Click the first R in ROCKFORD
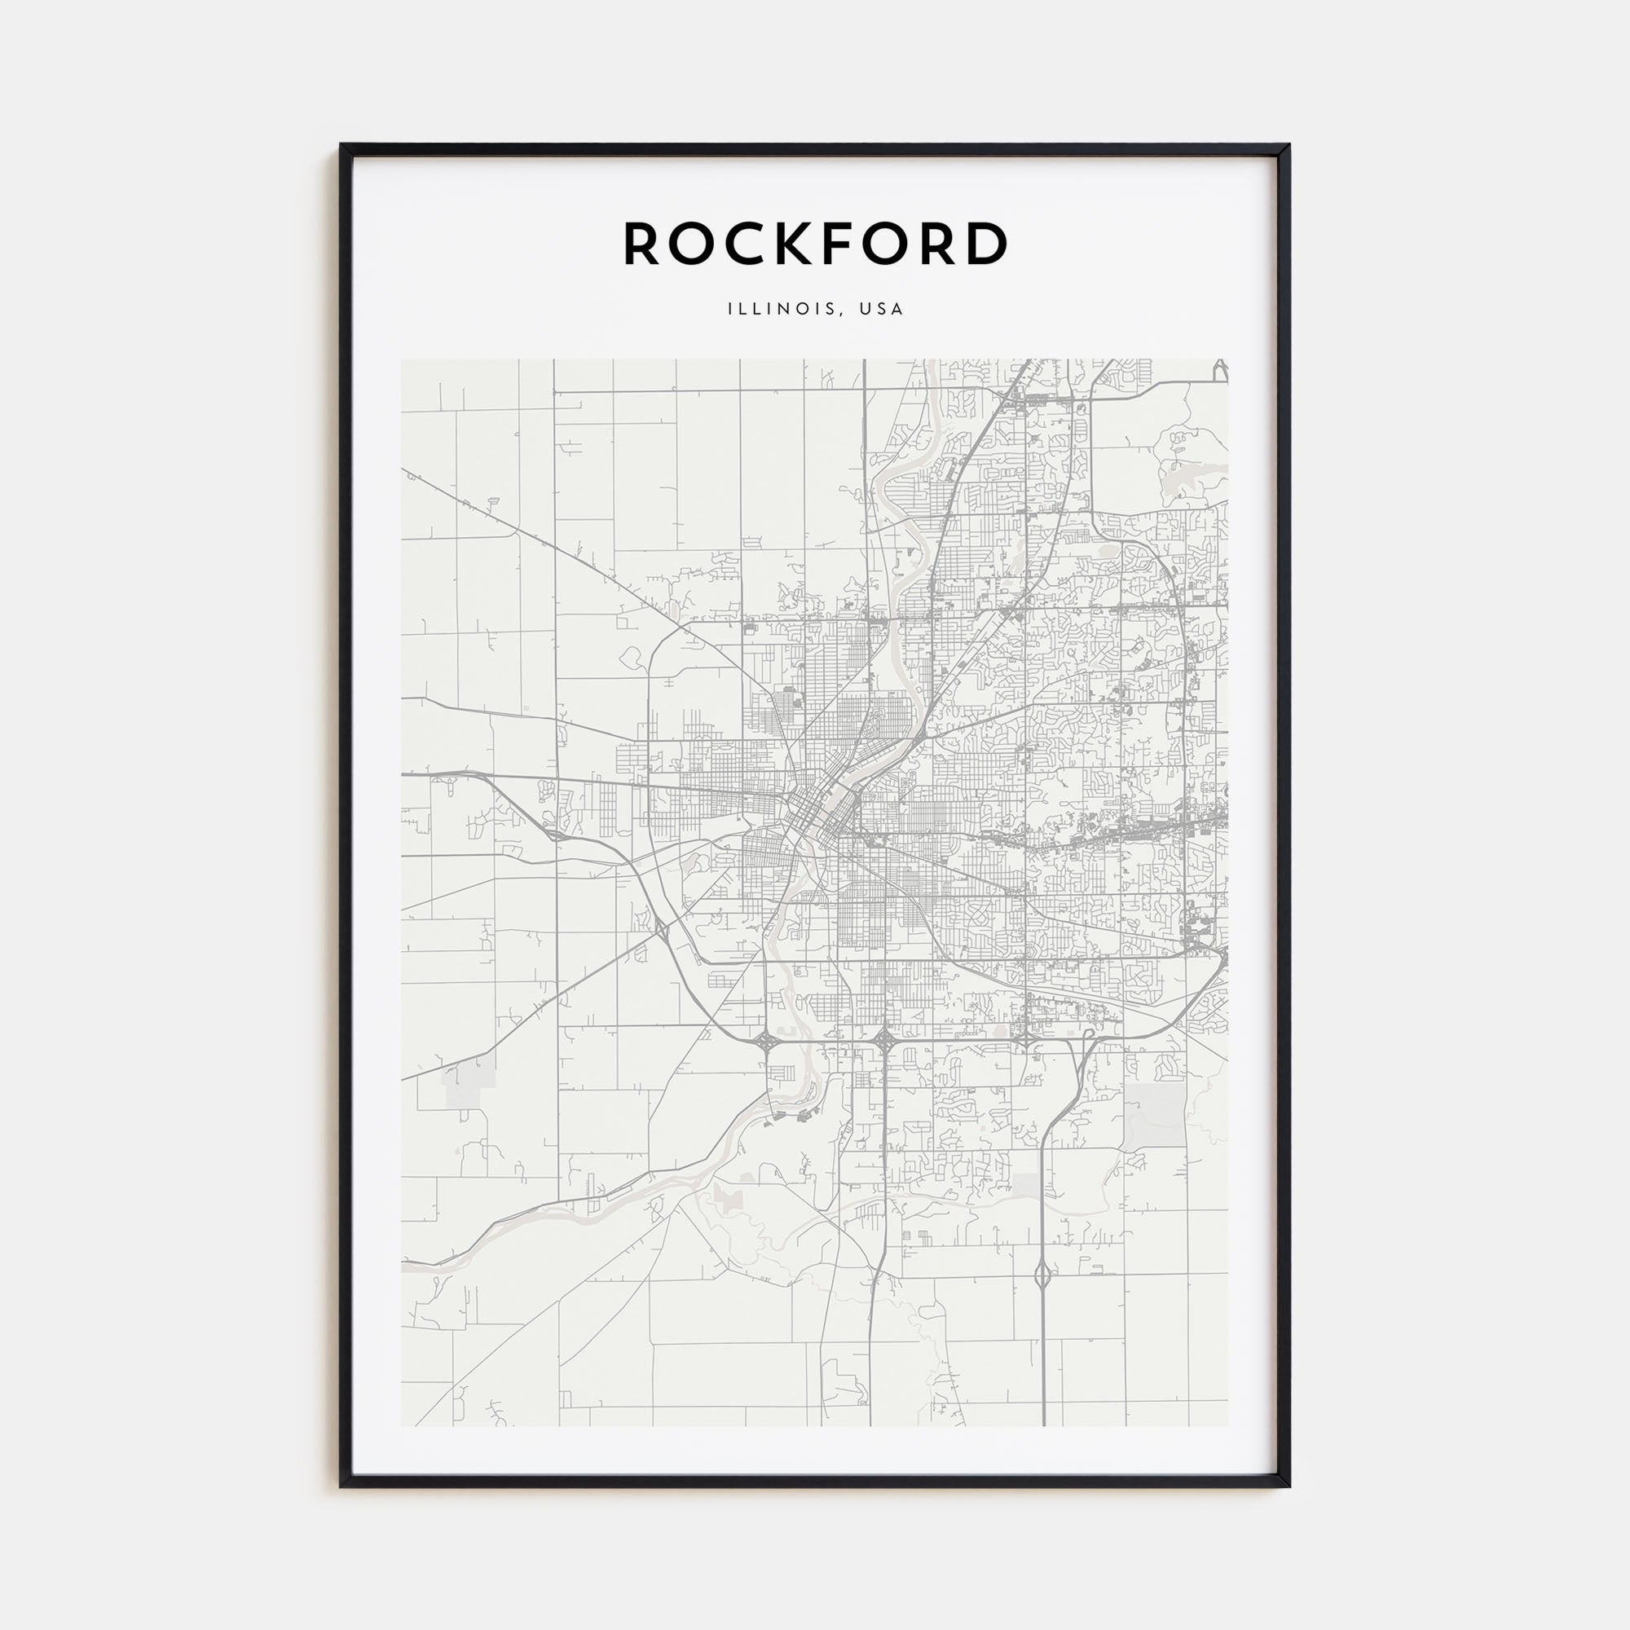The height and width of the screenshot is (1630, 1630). tap(641, 244)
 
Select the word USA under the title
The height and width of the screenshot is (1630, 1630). tap(882, 309)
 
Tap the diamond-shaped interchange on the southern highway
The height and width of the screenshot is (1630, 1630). tap(1043, 1276)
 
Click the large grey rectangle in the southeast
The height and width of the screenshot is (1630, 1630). tap(1154, 1117)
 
